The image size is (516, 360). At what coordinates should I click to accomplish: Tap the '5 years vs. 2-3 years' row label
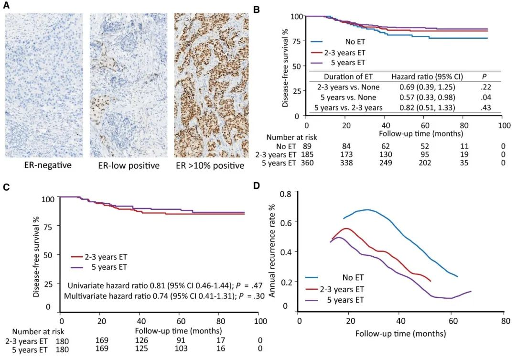pos(349,108)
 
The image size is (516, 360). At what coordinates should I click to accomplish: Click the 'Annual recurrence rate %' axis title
pos(272,249)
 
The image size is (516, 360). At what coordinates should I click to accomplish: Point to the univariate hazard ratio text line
pos(157,285)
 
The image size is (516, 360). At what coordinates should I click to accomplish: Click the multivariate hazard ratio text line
pos(157,297)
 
